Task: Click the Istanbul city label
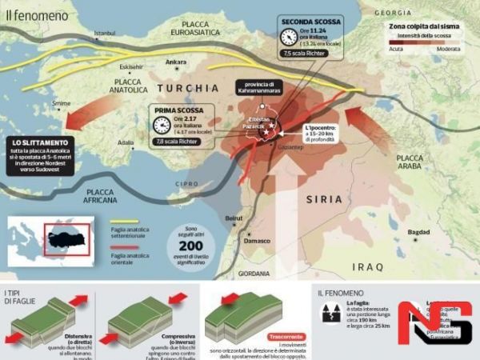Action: (x=105, y=34)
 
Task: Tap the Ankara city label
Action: (x=174, y=62)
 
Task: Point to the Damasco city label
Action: (x=258, y=240)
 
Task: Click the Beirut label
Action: (x=234, y=218)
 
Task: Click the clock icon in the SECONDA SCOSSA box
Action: (x=289, y=37)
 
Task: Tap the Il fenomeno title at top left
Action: (x=28, y=14)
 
